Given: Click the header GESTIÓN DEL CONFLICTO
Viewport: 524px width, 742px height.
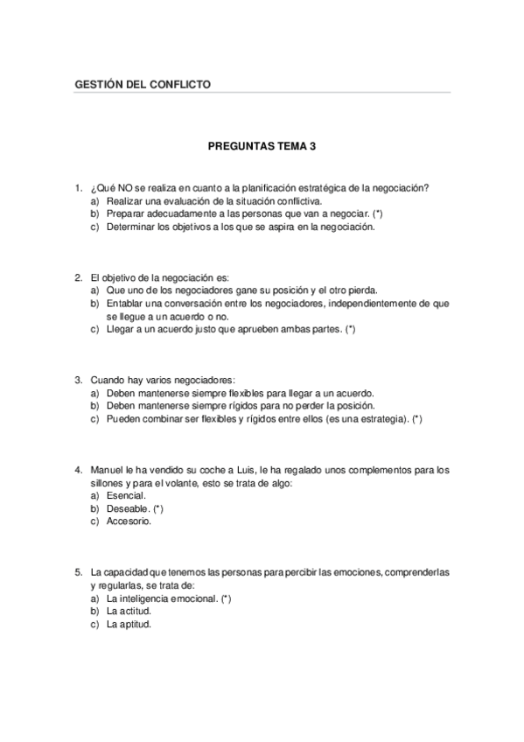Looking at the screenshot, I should (143, 85).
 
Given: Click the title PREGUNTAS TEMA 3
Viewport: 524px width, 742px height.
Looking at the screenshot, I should (262, 146).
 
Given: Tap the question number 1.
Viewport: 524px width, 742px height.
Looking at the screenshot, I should (78, 188).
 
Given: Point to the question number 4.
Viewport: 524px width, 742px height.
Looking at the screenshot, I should (78, 470).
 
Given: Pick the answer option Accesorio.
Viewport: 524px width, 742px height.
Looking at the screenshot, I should (129, 521).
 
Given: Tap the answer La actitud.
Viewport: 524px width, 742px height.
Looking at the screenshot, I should (129, 612).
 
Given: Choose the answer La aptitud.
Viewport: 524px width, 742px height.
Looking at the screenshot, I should (129, 625).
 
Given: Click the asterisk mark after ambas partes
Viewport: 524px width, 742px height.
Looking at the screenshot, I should (350, 330).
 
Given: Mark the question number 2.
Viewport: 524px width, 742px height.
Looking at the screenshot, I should (78, 278).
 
